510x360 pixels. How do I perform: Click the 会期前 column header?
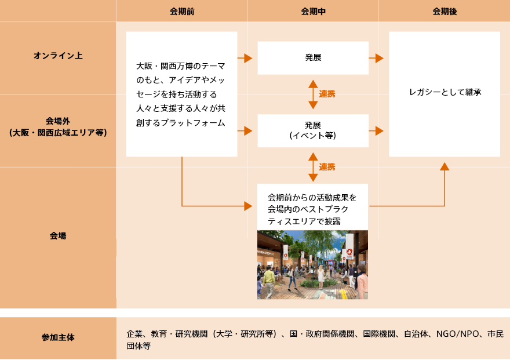(x=182, y=12)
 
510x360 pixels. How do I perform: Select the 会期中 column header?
(x=313, y=12)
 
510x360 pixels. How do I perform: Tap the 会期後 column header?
(x=445, y=12)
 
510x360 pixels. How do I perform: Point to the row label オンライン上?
(x=58, y=56)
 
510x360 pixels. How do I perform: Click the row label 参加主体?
(x=58, y=337)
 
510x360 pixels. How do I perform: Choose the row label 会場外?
(x=58, y=121)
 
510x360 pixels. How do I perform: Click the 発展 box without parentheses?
(x=313, y=58)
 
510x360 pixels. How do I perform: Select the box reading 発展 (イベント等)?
(x=313, y=131)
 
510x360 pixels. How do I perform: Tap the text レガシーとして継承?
(x=445, y=92)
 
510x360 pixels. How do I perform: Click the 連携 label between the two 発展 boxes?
(x=327, y=94)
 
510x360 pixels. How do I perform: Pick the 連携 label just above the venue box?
(x=327, y=167)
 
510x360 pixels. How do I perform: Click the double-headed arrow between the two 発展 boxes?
(x=313, y=94)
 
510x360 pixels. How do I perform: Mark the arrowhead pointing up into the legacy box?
(x=445, y=166)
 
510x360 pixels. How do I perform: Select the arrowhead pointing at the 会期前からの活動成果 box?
(x=248, y=206)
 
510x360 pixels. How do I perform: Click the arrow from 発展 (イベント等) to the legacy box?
(x=376, y=131)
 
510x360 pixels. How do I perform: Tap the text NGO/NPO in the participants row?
(x=457, y=334)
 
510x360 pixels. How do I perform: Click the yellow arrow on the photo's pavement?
(x=344, y=294)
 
